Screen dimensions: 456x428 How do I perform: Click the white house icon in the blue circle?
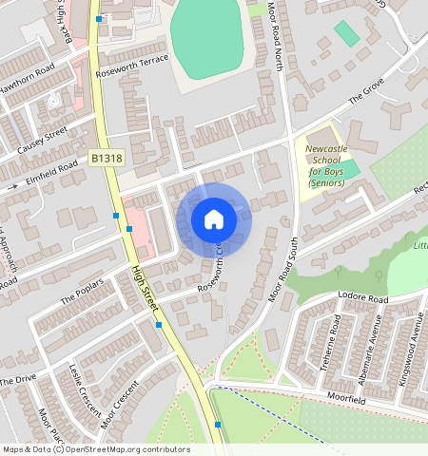[214, 220]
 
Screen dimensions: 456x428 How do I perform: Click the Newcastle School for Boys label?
[326, 166]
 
